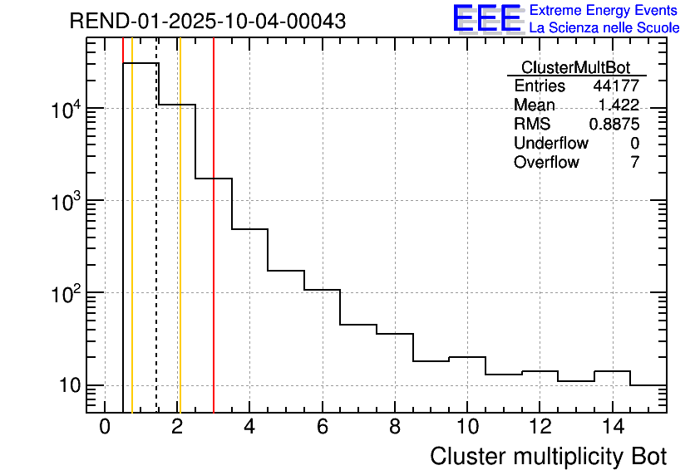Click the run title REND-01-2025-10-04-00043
click(x=208, y=22)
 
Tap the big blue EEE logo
click(x=486, y=18)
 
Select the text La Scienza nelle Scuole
click(x=604, y=28)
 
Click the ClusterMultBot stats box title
click(x=575, y=67)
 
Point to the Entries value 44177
click(x=616, y=86)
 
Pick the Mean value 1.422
click(x=619, y=105)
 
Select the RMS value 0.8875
click(x=614, y=125)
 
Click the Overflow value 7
click(x=634, y=163)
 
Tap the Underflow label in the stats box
click(x=550, y=144)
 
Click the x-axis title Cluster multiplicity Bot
click(x=549, y=456)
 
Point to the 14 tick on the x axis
click(x=611, y=428)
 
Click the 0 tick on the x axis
click(x=105, y=428)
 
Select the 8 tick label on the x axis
click(x=395, y=428)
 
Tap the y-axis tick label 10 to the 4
click(x=63, y=110)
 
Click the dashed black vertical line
click(x=157, y=249)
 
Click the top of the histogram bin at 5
click(x=286, y=270)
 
